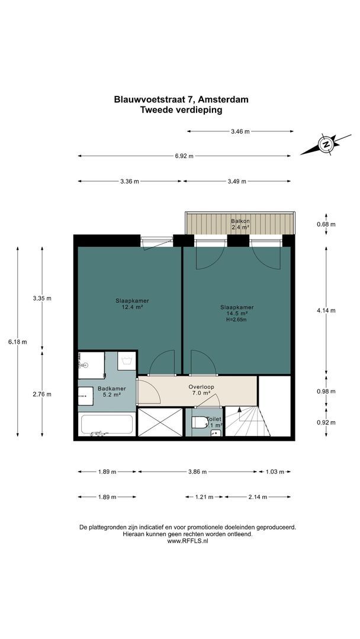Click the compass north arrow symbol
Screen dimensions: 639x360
click(326, 144)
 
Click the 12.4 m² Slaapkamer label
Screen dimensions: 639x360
click(129, 304)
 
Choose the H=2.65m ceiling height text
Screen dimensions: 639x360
click(237, 320)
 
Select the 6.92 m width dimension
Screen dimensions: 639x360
click(184, 156)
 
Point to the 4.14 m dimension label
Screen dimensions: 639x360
click(326, 311)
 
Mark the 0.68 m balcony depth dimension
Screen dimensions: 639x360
click(326, 224)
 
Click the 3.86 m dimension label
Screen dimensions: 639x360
click(197, 472)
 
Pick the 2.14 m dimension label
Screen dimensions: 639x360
click(258, 497)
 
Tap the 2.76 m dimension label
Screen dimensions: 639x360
click(41, 394)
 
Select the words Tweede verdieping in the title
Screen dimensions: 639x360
click(181, 109)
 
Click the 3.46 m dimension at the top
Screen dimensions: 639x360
click(240, 131)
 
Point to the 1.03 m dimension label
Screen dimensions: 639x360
click(274, 472)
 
